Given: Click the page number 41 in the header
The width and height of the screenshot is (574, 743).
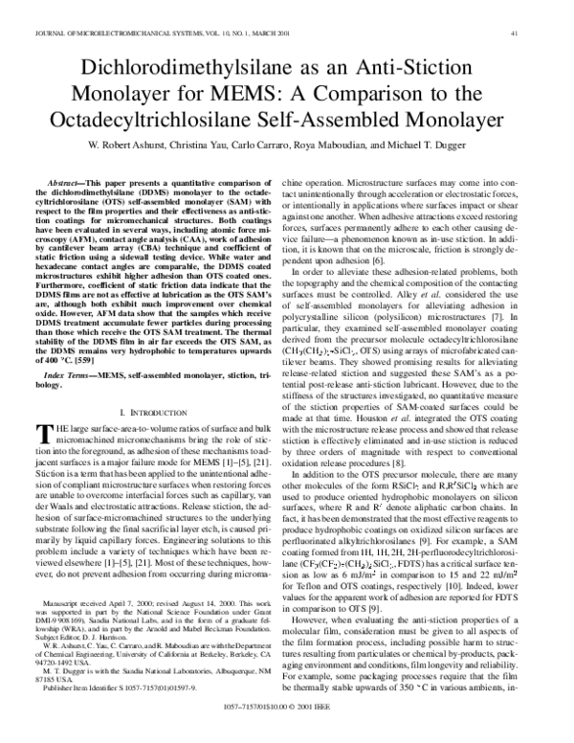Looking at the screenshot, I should tap(541, 34).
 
